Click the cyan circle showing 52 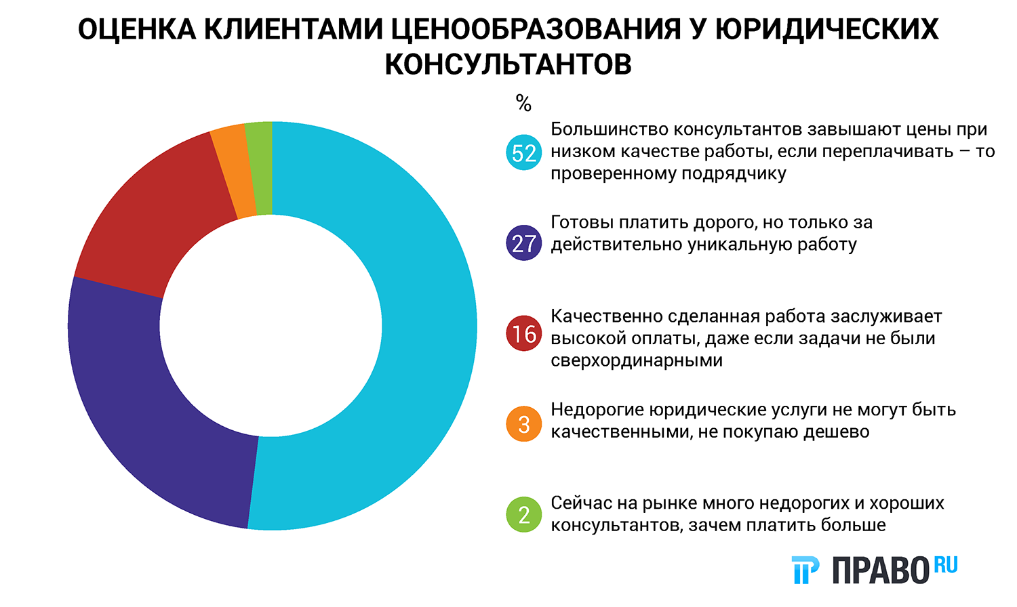pyautogui.click(x=524, y=153)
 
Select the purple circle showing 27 pyautogui.click(x=524, y=243)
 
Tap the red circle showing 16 pyautogui.click(x=524, y=333)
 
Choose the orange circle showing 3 pyautogui.click(x=524, y=424)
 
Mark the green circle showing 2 pyautogui.click(x=524, y=515)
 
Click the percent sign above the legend pyautogui.click(x=523, y=104)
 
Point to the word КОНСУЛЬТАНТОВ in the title pyautogui.click(x=509, y=65)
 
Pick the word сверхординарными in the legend pyautogui.click(x=637, y=360)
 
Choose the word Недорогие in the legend pyautogui.click(x=597, y=410)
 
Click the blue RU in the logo pyautogui.click(x=946, y=564)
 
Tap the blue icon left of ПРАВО pyautogui.click(x=805, y=570)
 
